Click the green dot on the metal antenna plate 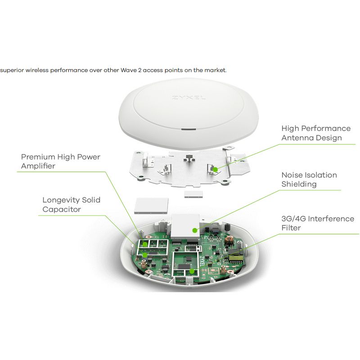tap(216, 170)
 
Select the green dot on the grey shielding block tap(195, 230)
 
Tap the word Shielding tap(299, 184)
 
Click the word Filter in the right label tap(291, 228)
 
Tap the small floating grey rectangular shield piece tap(193, 193)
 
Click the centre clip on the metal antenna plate tap(189, 159)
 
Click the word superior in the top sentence tap(12, 70)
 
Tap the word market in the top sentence tap(216, 70)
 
